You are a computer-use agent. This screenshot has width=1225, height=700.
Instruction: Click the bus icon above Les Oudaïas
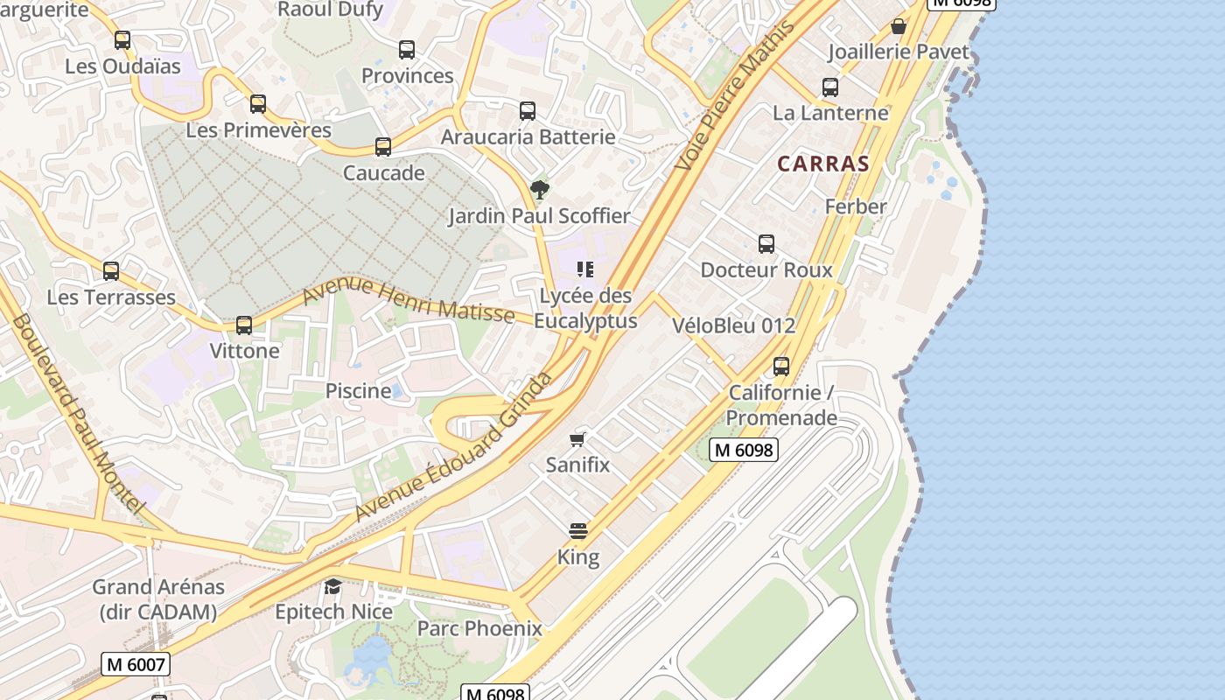click(x=122, y=40)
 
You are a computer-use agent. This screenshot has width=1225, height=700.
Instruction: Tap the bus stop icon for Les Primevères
click(x=258, y=104)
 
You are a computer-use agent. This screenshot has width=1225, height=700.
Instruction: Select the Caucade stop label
click(x=384, y=172)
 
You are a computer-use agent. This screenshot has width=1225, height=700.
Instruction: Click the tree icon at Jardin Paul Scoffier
click(x=540, y=189)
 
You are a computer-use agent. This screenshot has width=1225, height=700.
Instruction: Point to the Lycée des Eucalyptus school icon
click(x=585, y=269)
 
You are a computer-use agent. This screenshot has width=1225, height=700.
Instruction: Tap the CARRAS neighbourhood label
click(x=823, y=164)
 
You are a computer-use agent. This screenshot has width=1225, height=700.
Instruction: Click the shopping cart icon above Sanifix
click(x=577, y=438)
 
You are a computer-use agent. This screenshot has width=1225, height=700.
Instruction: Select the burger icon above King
click(x=577, y=531)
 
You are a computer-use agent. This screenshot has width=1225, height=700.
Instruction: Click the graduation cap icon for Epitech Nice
click(x=332, y=585)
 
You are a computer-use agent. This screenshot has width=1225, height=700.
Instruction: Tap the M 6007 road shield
click(x=136, y=664)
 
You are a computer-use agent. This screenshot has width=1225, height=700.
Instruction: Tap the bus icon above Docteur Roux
click(x=766, y=244)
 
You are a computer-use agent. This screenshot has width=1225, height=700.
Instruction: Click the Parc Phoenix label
click(x=479, y=628)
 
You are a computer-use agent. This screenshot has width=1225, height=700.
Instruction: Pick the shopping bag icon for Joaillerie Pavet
click(x=898, y=26)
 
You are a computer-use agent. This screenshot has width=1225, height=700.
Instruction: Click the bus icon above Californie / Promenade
click(x=781, y=367)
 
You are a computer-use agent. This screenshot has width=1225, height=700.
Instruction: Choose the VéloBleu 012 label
click(x=734, y=326)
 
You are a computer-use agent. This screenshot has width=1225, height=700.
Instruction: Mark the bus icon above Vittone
click(x=244, y=325)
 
